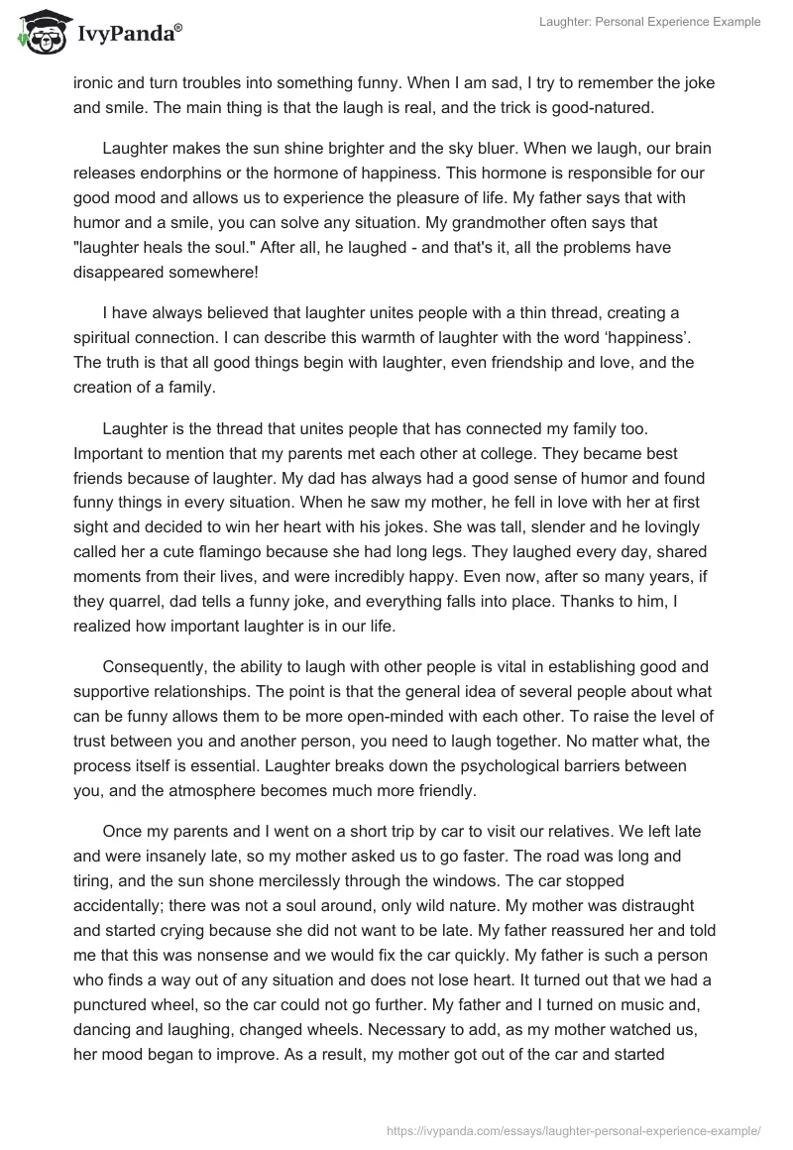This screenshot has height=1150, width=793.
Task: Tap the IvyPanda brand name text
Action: pos(128,35)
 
